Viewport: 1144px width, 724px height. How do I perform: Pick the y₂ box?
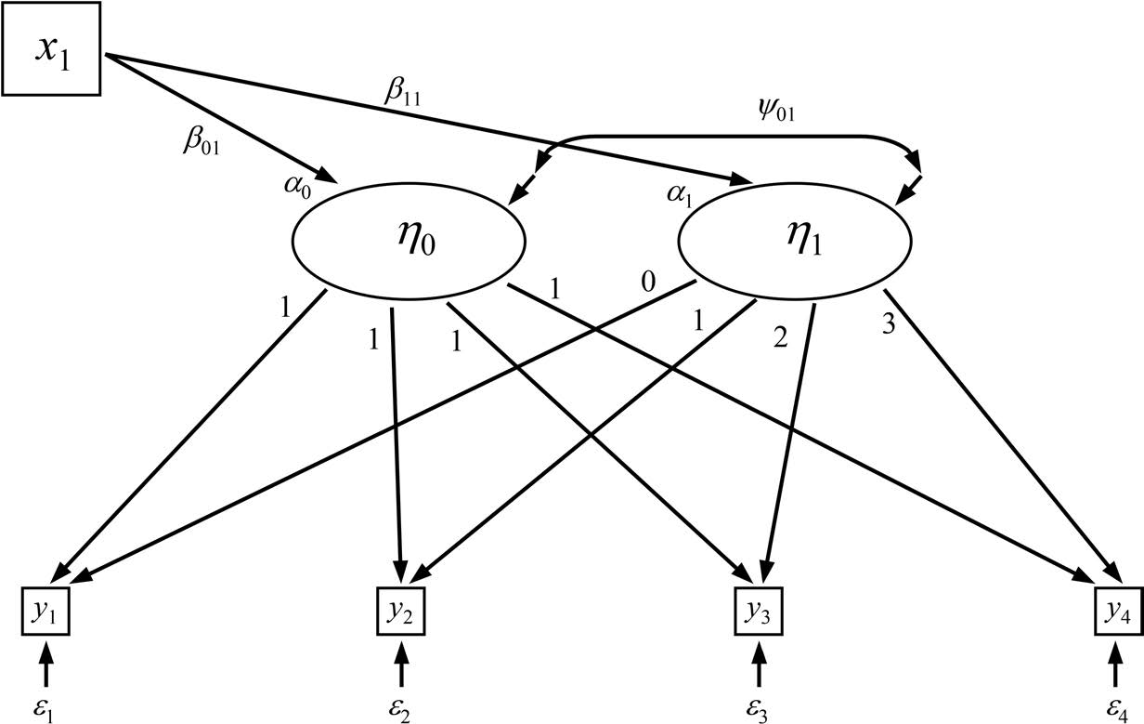tap(401, 610)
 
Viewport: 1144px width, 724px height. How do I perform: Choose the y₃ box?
tap(759, 610)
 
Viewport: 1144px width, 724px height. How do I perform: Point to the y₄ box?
tap(1116, 610)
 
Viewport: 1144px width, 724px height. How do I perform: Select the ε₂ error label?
tap(401, 705)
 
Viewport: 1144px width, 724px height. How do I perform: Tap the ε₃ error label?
tap(759, 705)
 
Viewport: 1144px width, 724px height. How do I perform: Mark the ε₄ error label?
tap(1115, 705)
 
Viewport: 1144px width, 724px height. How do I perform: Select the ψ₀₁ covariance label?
tap(775, 112)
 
